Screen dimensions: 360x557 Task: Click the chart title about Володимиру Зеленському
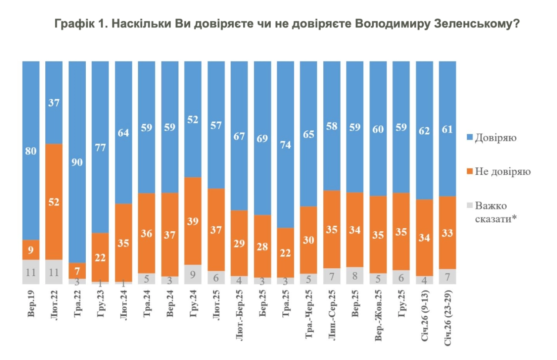[x=287, y=24]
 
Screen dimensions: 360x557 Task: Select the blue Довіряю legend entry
[x=497, y=139]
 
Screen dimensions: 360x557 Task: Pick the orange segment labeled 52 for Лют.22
[x=54, y=202]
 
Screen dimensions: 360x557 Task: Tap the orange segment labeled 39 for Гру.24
[x=193, y=221]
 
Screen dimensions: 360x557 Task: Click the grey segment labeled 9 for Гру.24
[x=193, y=274]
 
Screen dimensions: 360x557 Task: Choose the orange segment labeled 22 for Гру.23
[x=101, y=257]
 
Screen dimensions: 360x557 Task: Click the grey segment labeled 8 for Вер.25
[x=355, y=275]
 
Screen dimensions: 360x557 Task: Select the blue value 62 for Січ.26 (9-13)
[x=424, y=130]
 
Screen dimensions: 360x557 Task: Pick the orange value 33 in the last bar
[x=448, y=233]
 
